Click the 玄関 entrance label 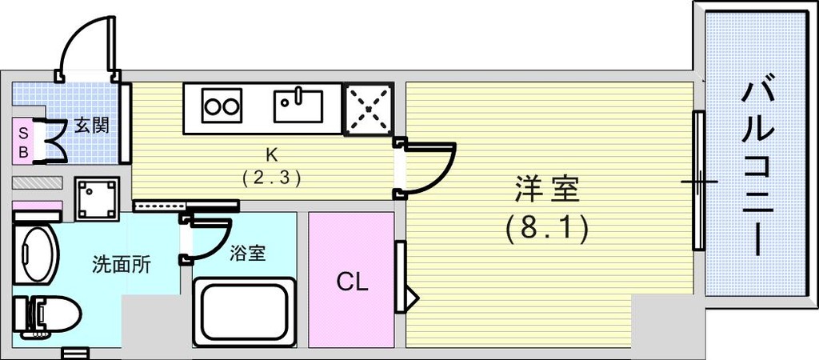(x=92, y=126)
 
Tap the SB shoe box (x=23, y=142)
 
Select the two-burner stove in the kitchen (x=222, y=106)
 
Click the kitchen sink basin (x=298, y=106)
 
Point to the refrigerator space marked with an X (x=368, y=109)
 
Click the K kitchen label (x=271, y=155)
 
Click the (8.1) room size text (x=547, y=230)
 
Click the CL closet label (x=352, y=282)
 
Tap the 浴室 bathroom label (x=247, y=254)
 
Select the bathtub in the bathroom (x=244, y=311)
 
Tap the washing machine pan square (x=97, y=198)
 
